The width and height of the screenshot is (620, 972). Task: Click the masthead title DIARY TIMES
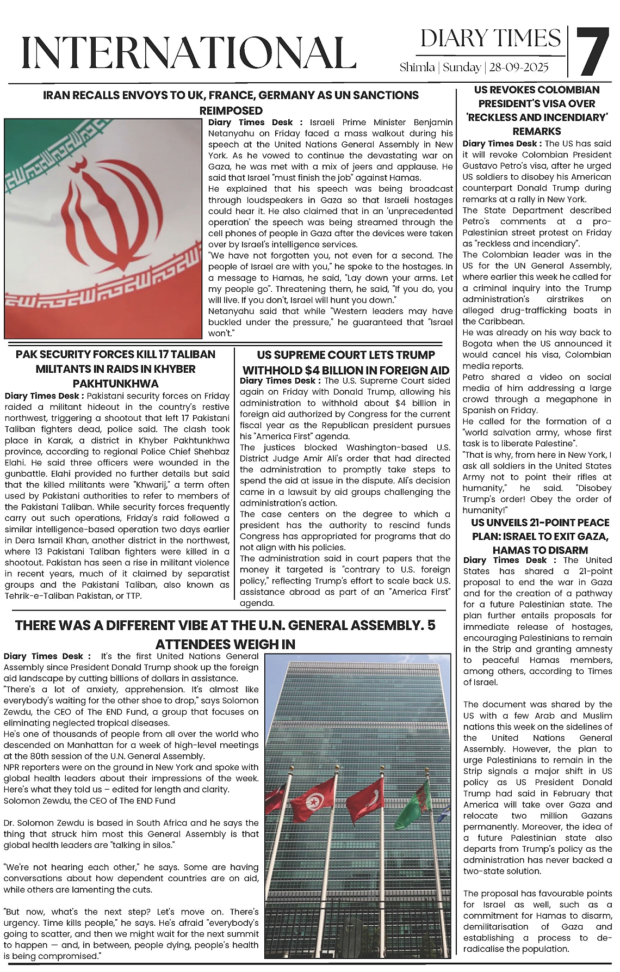tap(490, 39)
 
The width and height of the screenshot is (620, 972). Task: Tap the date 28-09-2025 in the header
tap(519, 67)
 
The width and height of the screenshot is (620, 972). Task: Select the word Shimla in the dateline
tap(417, 67)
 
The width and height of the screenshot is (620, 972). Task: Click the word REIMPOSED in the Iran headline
tap(231, 110)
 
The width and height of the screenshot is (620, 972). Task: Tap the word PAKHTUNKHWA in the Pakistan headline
tap(115, 383)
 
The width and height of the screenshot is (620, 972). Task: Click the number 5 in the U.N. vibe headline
tap(431, 625)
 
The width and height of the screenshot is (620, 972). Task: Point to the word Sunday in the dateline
tap(462, 67)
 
